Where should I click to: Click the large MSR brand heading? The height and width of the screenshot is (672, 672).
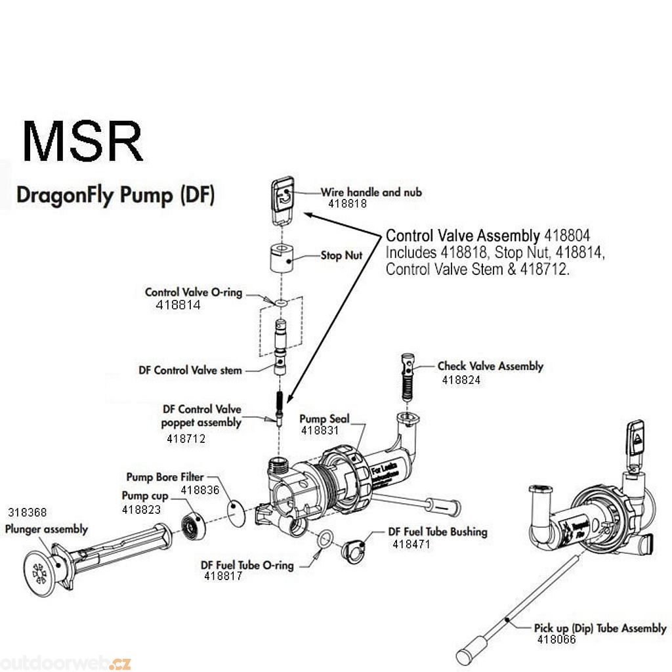pyautogui.click(x=83, y=141)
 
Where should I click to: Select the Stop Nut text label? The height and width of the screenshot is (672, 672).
pyautogui.click(x=341, y=255)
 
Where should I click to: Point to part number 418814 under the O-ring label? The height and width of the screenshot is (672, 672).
pyautogui.click(x=178, y=305)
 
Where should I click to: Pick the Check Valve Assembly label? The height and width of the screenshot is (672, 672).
pyautogui.click(x=490, y=366)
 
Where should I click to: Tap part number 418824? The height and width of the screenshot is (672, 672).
pyautogui.click(x=461, y=379)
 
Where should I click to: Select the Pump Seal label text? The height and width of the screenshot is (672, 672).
pyautogui.click(x=324, y=419)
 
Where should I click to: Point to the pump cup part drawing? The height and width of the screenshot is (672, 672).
pyautogui.click(x=193, y=525)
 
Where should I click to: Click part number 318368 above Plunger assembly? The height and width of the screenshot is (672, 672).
pyautogui.click(x=28, y=513)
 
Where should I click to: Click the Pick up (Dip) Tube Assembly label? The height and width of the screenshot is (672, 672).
pyautogui.click(x=600, y=628)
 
